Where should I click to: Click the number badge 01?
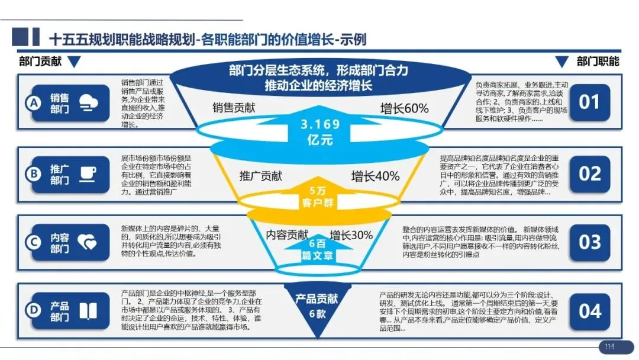589,102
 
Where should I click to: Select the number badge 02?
589,173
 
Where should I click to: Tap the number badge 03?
589,242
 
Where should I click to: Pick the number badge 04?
589,311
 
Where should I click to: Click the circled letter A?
33,103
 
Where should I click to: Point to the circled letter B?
33,173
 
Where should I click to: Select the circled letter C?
33,242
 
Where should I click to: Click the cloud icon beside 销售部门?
89,102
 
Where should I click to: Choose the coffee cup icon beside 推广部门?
89,173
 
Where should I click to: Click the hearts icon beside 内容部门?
89,242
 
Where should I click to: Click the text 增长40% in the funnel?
375,176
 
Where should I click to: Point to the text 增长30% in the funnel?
351,235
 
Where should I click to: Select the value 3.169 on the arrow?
320,124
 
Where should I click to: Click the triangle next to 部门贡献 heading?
74,62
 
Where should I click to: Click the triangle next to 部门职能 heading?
561,62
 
